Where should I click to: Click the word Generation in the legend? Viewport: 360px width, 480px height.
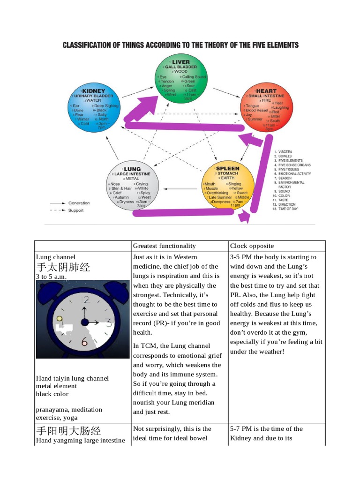[x=79, y=203]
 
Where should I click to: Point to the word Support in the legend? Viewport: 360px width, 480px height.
[x=76, y=210]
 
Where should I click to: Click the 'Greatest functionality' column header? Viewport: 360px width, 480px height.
[x=165, y=246]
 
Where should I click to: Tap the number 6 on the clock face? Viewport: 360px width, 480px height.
[x=84, y=342]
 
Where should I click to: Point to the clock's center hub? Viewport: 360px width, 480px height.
[x=84, y=322]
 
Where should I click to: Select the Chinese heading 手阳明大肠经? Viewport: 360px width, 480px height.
[x=68, y=430]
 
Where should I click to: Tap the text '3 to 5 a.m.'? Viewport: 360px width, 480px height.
[x=52, y=277]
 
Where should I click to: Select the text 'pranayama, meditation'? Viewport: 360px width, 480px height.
[x=69, y=410]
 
